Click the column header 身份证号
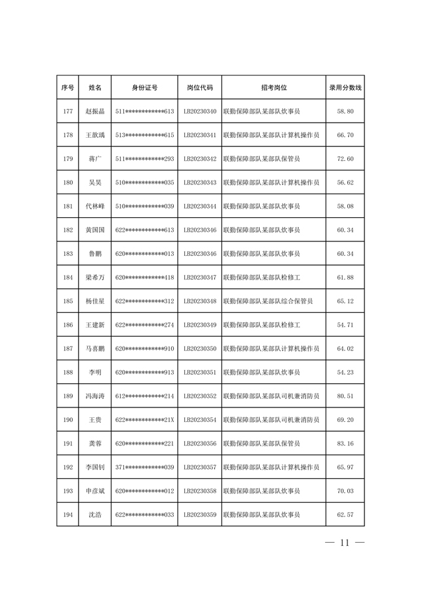pos(144,87)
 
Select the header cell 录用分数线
pos(345,87)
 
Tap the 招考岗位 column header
pos(274,87)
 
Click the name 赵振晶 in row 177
pos(95,112)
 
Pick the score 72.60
pos(345,159)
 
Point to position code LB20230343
pos(200,182)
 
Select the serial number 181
pos(68,206)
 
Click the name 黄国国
pos(95,230)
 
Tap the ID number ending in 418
pos(144,278)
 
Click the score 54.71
pos(345,325)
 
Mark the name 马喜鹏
pos(95,348)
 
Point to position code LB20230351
pos(200,372)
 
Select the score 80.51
pos(345,396)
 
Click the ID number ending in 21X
pos(144,419)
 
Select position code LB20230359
pos(200,514)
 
